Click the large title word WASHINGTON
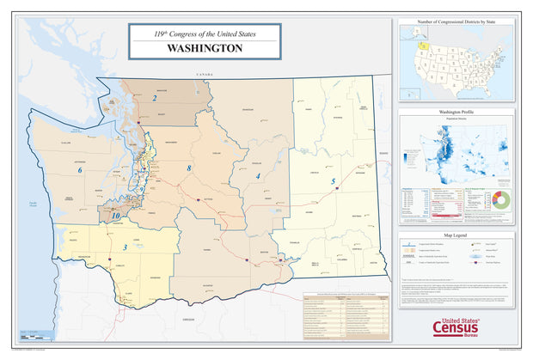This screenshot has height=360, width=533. [204, 48]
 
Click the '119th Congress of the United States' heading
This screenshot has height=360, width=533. [204, 34]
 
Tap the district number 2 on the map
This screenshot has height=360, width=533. [154, 99]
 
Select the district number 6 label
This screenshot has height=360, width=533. [80, 170]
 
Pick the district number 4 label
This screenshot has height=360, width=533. [257, 176]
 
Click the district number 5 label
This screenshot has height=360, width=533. [333, 181]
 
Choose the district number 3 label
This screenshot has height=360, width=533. [126, 247]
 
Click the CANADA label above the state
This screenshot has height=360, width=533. [203, 76]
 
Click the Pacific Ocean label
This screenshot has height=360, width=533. [32, 203]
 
